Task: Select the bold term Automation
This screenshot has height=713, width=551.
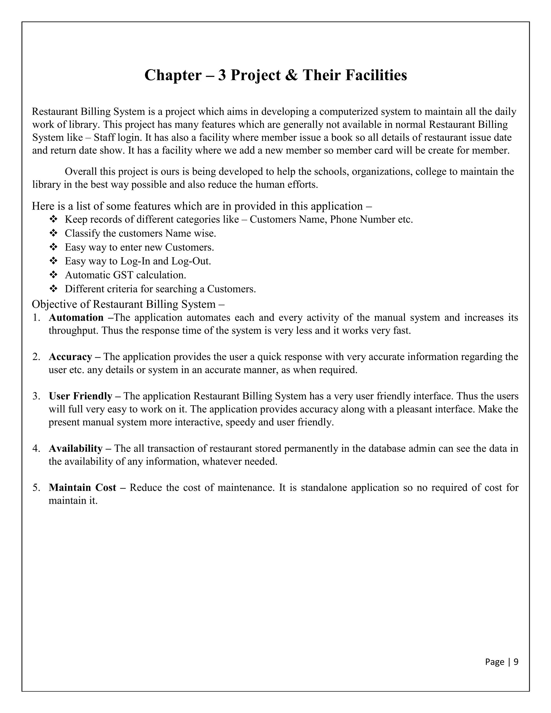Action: coord(76,318)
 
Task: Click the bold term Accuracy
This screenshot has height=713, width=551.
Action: coord(70,357)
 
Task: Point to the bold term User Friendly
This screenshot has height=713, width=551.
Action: coord(80,396)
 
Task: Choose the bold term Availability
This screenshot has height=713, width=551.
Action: coord(75,449)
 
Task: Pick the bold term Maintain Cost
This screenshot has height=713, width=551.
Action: coord(82,488)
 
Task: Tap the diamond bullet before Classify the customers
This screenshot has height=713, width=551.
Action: coord(53,234)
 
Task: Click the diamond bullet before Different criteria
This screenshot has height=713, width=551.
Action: coord(53,289)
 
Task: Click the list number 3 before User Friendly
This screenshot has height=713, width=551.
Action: coord(36,396)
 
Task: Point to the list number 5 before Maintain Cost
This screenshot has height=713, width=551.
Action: coord(36,488)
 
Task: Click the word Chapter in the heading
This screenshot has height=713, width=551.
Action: coord(173,75)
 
